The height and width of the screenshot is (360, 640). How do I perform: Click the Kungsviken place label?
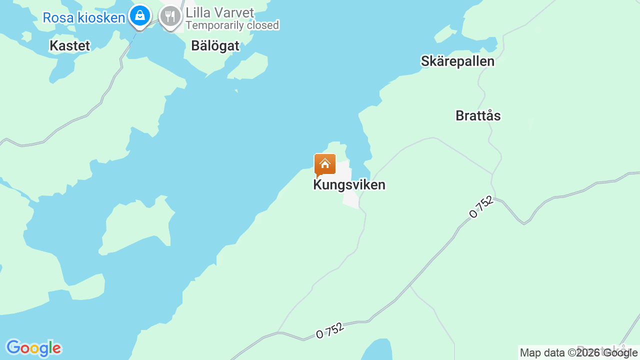(349, 185)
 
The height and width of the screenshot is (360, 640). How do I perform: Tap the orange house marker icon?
(324, 164)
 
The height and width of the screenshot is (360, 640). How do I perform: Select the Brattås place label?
(478, 116)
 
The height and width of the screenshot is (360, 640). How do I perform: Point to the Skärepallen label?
(457, 61)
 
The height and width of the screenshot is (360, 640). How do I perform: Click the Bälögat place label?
(215, 46)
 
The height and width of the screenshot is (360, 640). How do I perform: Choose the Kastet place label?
(70, 46)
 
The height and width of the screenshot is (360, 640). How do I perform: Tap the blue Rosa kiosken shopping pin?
(140, 16)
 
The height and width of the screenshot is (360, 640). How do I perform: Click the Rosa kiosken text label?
(83, 18)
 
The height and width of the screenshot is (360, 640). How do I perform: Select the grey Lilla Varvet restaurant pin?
(170, 17)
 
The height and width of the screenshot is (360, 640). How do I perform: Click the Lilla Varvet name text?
(220, 12)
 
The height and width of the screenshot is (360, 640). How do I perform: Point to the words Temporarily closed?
(232, 25)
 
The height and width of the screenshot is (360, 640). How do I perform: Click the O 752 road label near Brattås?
(481, 207)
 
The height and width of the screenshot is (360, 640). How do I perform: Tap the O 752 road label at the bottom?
(330, 330)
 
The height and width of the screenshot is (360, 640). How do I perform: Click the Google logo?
(33, 348)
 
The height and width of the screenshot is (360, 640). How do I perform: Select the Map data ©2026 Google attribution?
(578, 353)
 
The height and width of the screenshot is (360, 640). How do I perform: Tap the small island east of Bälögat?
(249, 66)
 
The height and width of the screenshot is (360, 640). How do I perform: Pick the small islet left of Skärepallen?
(445, 34)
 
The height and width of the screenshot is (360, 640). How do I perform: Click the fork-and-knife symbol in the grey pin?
(170, 16)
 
